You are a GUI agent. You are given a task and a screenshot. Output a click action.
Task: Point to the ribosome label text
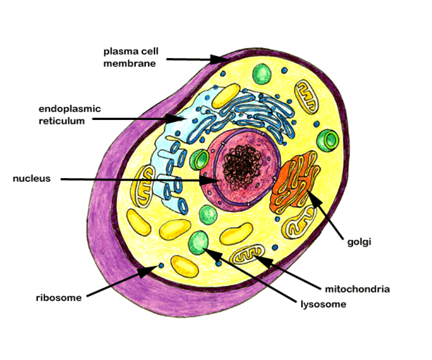click(x=58, y=297)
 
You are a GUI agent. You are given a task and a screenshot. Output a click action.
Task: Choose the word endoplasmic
click(x=70, y=110)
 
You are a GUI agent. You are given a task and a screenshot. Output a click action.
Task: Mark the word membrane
click(x=131, y=63)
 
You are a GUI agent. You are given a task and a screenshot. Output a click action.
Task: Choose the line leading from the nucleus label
click(x=137, y=179)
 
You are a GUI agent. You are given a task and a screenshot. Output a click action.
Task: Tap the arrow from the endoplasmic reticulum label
click(x=137, y=118)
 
